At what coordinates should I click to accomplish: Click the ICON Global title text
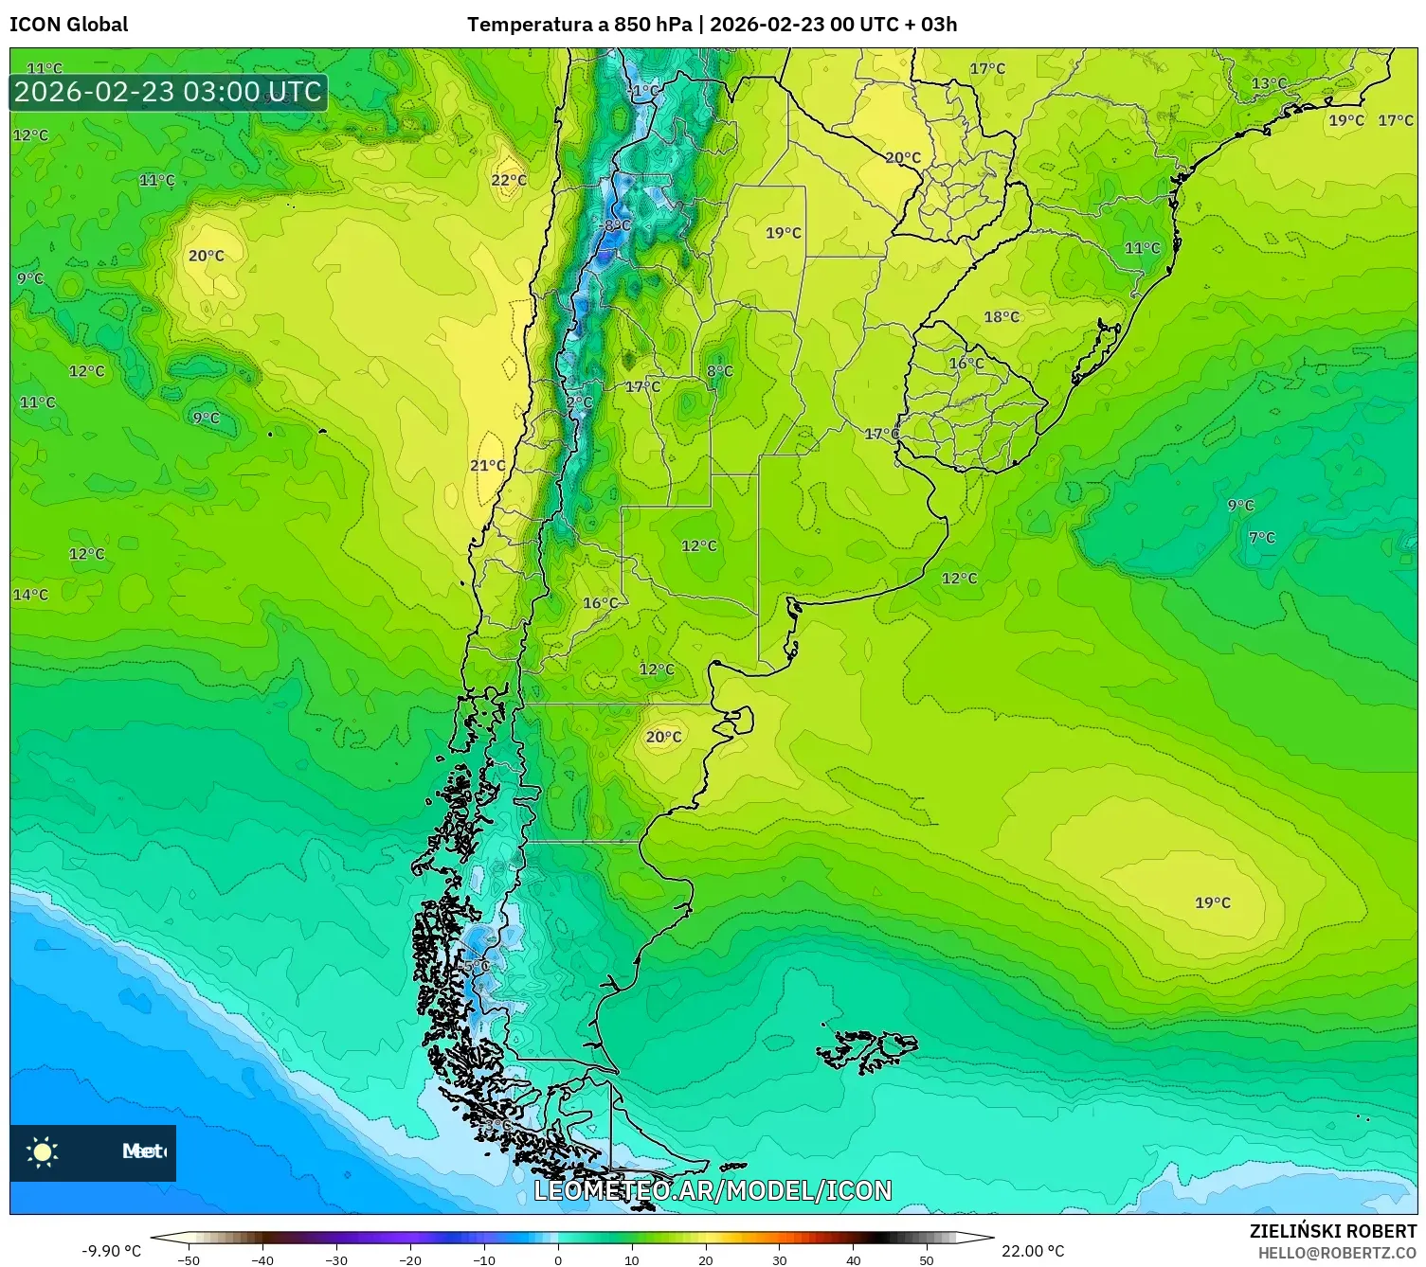point(69,25)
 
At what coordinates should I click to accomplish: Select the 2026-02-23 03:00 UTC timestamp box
point(169,93)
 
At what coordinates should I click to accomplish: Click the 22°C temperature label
point(509,180)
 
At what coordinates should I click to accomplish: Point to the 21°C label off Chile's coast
point(488,465)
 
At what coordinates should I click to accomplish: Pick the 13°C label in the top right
point(1269,83)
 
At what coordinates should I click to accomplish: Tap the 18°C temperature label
point(1002,317)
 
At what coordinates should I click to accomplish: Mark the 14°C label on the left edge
point(30,595)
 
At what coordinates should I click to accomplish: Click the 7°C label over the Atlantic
point(1262,538)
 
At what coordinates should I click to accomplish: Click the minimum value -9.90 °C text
point(112,1251)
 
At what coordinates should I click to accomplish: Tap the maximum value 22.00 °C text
point(1033,1251)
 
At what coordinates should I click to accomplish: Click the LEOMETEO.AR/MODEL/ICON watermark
point(713,1190)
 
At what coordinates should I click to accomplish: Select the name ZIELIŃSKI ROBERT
point(1332,1231)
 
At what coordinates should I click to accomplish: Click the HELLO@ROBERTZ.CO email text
point(1336,1253)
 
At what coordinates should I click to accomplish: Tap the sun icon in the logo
point(43,1152)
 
